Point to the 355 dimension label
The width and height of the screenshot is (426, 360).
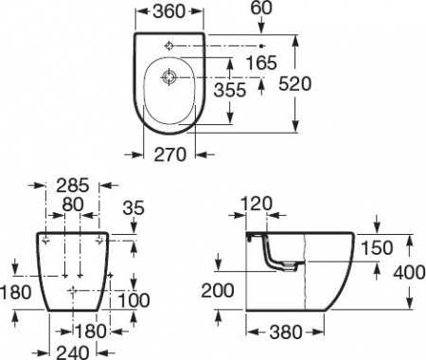pos(254,90)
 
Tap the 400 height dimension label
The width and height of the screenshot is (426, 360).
pos(407,272)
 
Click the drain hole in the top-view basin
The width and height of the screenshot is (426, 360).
pos(169,75)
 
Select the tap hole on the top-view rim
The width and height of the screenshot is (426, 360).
pos(169,45)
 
